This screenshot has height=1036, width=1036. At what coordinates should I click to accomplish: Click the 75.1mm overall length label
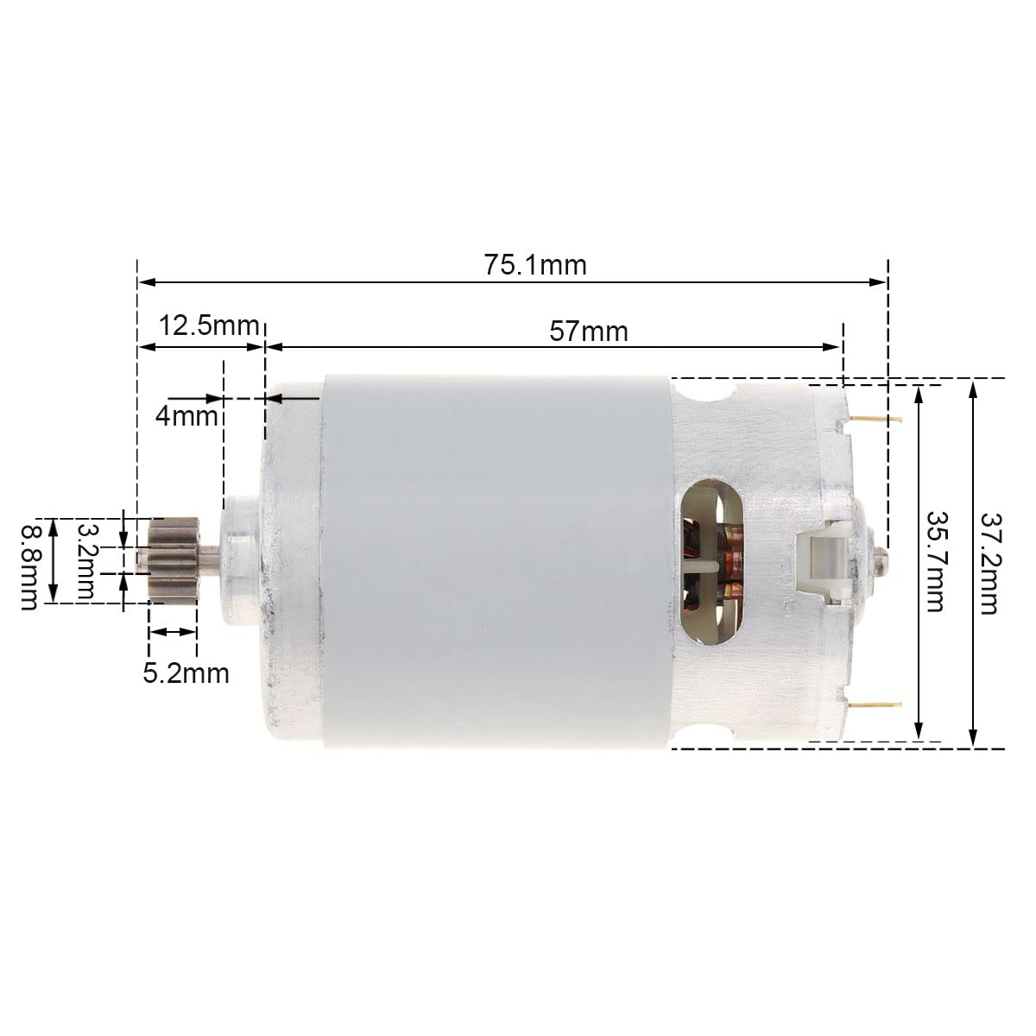[x=534, y=264]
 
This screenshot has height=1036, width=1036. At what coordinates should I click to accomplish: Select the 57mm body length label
[x=590, y=330]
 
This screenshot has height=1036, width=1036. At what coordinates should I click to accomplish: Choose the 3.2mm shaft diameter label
[x=87, y=562]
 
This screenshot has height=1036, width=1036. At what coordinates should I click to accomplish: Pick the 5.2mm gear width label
[x=186, y=672]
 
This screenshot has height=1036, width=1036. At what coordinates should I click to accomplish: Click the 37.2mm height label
[x=989, y=562]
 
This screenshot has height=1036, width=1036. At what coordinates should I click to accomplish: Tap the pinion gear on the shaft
[x=174, y=560]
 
